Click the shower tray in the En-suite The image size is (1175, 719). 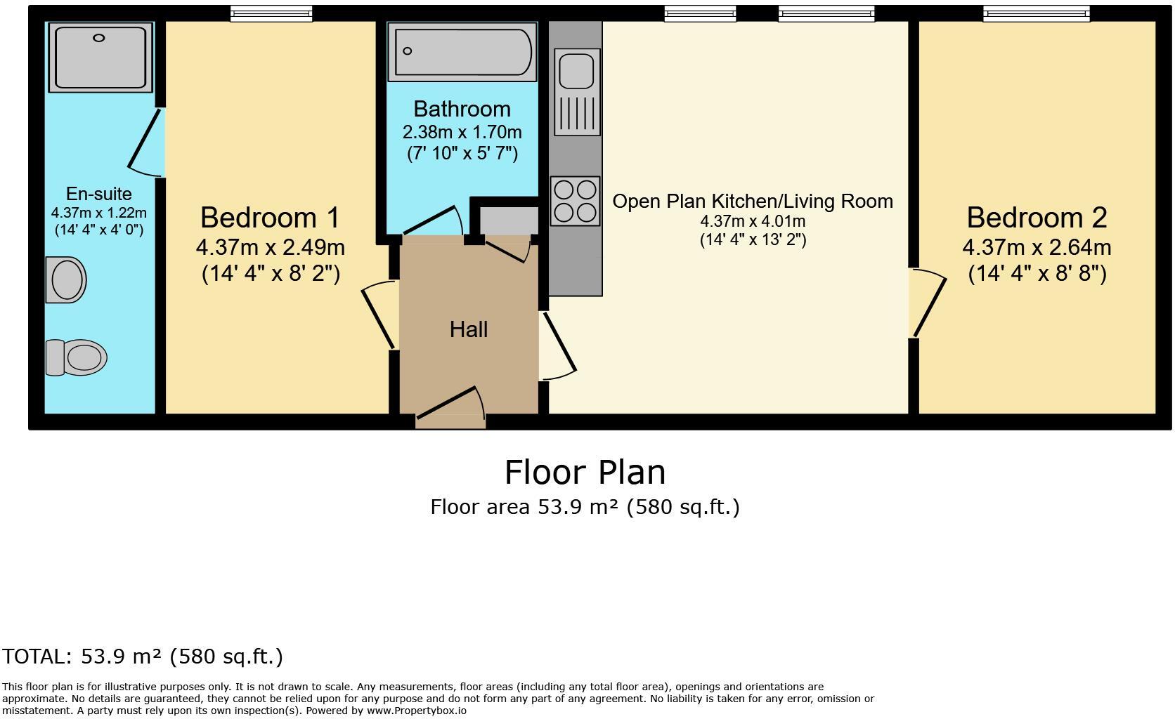point(100,58)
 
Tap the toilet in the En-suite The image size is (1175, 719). point(76,357)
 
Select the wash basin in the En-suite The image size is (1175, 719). point(66,280)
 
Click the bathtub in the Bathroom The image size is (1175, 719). point(462,52)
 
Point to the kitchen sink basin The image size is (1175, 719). point(576,70)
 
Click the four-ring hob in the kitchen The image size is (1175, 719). point(575,202)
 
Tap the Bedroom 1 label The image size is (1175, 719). point(270,218)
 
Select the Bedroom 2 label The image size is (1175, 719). point(1037,218)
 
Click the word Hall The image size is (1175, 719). point(469,329)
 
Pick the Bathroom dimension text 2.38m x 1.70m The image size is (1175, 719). point(462,132)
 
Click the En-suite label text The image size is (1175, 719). point(98,194)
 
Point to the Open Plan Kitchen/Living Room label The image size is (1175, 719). point(753,202)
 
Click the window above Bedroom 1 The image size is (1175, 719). point(271,13)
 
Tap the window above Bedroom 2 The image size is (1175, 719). point(1036,13)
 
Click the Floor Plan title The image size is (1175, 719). point(585,473)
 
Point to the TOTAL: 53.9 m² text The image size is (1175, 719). point(80,656)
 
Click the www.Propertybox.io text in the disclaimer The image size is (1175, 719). point(417,711)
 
